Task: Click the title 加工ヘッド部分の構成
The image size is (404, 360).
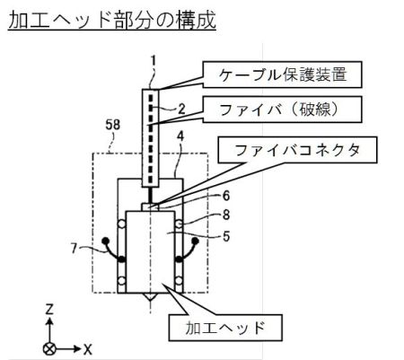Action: [x=112, y=20]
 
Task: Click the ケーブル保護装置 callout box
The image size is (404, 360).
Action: [x=282, y=75]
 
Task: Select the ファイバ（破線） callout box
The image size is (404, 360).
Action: [x=282, y=110]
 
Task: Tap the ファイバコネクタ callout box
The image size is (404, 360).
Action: [x=298, y=150]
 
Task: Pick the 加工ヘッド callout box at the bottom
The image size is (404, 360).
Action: [x=225, y=328]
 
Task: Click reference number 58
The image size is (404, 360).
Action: [x=113, y=125]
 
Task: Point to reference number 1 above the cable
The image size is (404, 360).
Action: [x=154, y=61]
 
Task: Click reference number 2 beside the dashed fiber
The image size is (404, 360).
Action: [x=181, y=110]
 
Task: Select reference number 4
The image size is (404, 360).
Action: [x=180, y=136]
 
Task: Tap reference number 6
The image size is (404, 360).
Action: [x=226, y=196]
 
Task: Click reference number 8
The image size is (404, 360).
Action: [x=226, y=215]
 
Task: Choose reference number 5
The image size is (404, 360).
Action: [x=226, y=236]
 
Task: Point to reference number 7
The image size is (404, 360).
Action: [x=75, y=248]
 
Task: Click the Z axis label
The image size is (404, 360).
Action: [x=49, y=309]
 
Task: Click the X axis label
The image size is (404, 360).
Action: [x=87, y=349]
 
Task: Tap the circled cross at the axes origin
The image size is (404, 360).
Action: [x=49, y=349]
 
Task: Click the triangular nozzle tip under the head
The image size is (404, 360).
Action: [x=151, y=297]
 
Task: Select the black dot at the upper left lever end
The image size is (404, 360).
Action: [x=105, y=241]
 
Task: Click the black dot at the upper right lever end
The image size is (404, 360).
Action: [x=195, y=241]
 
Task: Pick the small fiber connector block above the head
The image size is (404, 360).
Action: [x=150, y=207]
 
